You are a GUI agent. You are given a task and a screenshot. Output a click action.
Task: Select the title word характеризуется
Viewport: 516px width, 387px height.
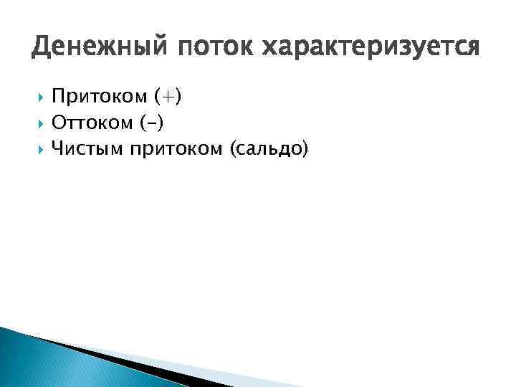[x=371, y=48]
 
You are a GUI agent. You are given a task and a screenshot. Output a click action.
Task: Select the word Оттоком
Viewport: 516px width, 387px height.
[x=92, y=123]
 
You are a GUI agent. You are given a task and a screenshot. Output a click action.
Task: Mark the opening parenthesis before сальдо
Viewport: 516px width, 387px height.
[x=232, y=150]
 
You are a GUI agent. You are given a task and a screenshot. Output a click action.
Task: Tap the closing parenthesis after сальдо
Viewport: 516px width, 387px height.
[x=303, y=150]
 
